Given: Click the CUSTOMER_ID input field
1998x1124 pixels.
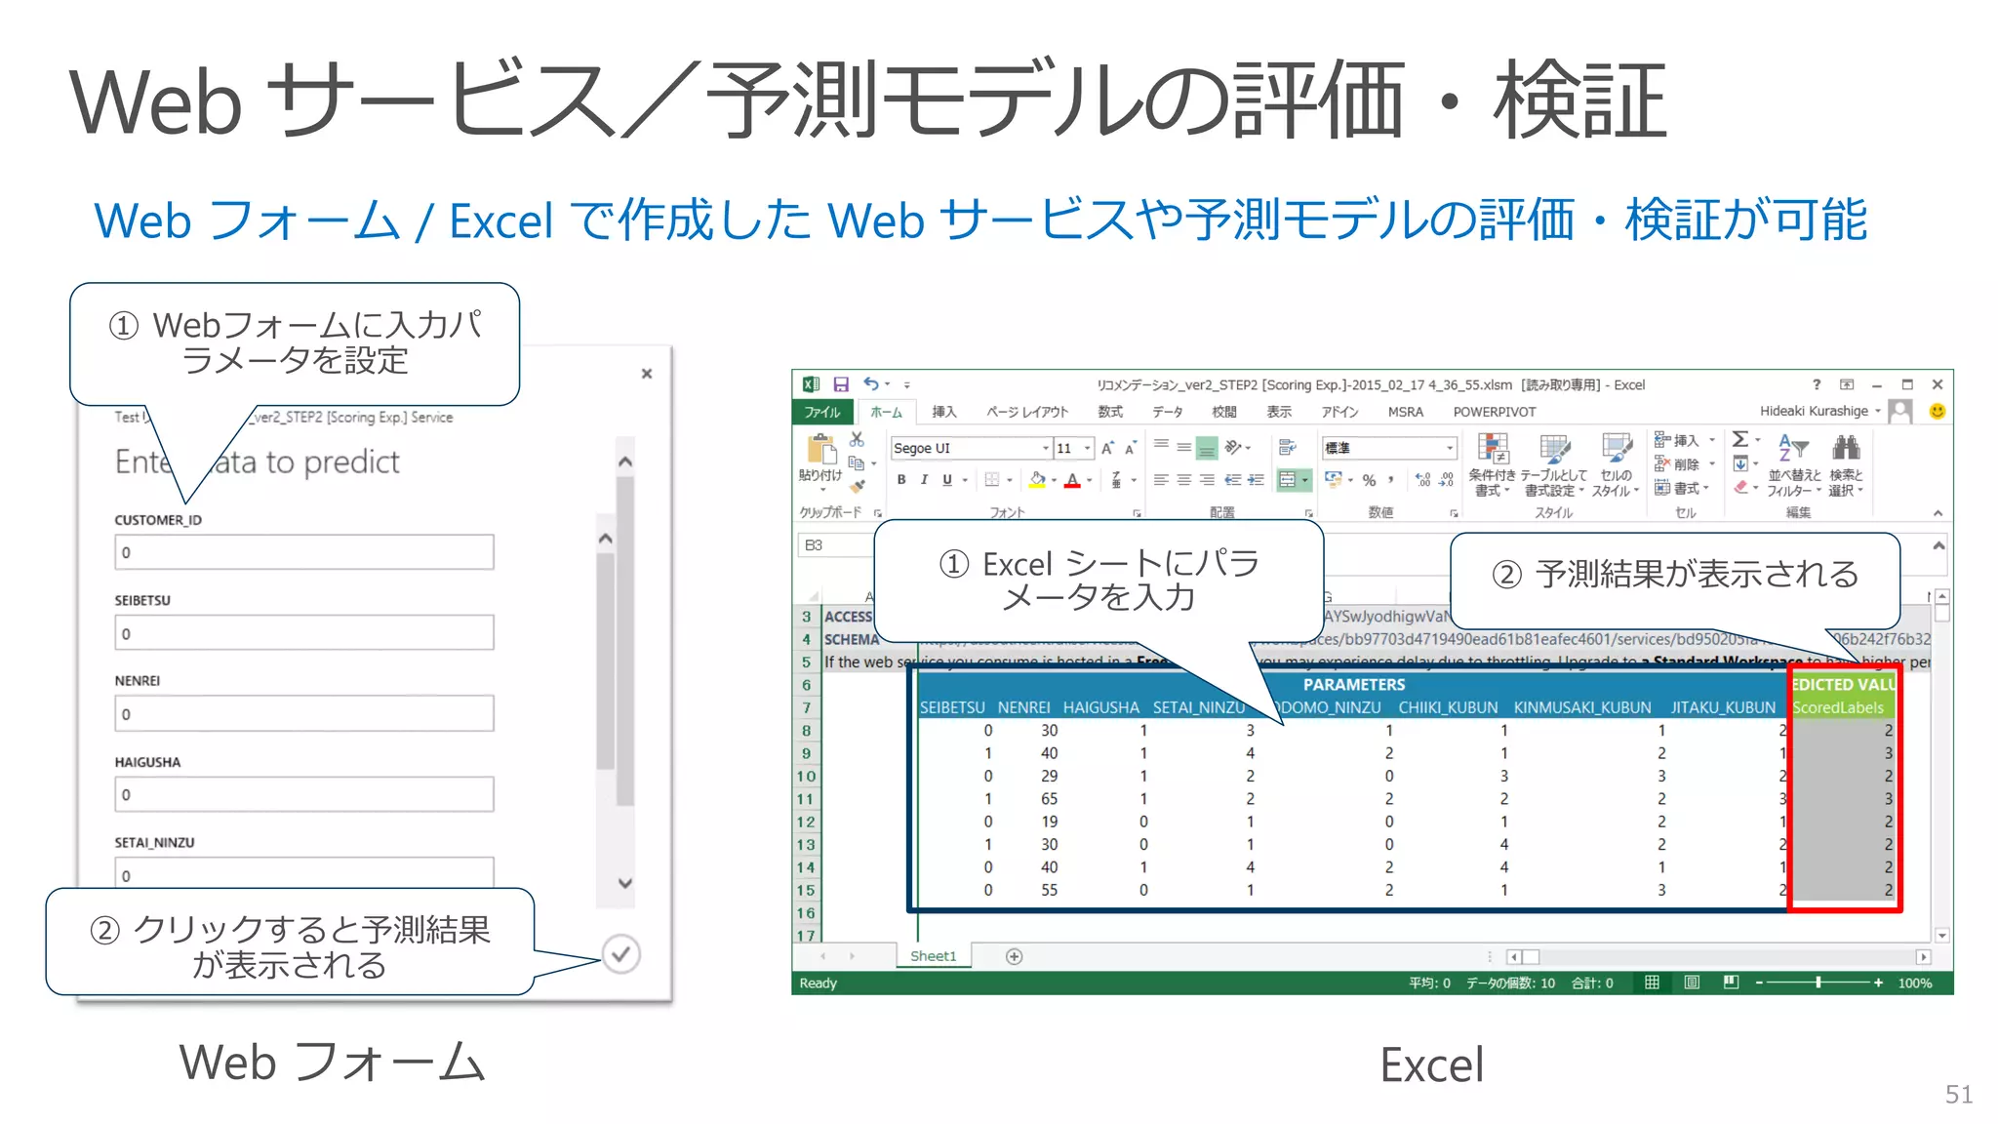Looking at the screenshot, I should click(x=303, y=552).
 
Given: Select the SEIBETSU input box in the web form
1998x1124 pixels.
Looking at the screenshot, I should click(x=303, y=633).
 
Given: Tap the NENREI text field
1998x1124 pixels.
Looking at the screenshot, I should click(x=303, y=714).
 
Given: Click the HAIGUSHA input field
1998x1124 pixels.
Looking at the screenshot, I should click(x=303, y=794).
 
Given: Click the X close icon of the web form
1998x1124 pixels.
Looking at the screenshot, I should click(x=646, y=374).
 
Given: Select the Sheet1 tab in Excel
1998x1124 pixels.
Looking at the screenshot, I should click(x=933, y=956).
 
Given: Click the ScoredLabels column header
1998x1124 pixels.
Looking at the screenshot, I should click(x=1838, y=707).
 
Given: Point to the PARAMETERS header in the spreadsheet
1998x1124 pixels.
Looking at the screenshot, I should click(x=1353, y=685).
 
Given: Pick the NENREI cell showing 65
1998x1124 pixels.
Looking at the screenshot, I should click(x=1049, y=799).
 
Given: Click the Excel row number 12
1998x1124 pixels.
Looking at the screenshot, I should click(x=806, y=822).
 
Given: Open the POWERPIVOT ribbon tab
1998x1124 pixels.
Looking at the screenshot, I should click(x=1494, y=412).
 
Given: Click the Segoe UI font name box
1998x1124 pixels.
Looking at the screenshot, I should click(x=966, y=448).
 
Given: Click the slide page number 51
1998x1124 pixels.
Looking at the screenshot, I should click(x=1958, y=1094).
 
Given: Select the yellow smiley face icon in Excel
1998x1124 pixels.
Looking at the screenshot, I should click(x=1938, y=412).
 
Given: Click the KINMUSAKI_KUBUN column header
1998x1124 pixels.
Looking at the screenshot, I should click(x=1581, y=707).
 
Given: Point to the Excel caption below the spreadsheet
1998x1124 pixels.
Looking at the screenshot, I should click(x=1431, y=1064).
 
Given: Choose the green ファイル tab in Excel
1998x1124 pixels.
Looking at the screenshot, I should click(x=821, y=412).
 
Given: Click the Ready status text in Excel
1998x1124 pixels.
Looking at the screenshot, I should click(x=819, y=983).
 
